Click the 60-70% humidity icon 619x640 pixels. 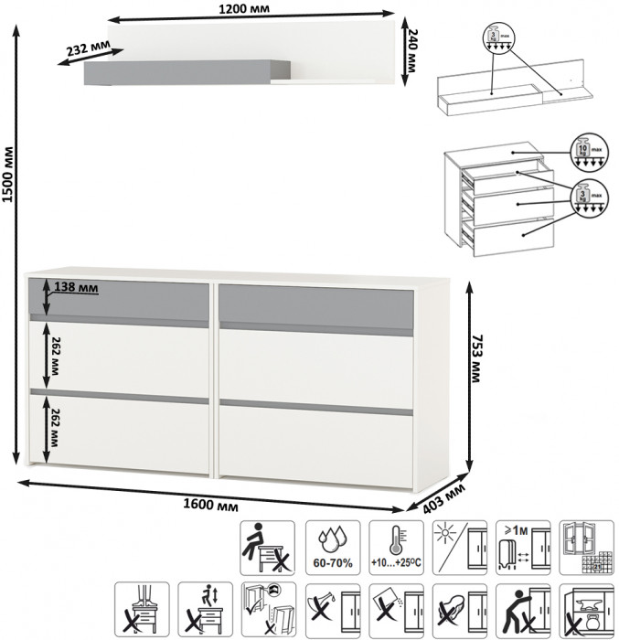pos(333,547)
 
